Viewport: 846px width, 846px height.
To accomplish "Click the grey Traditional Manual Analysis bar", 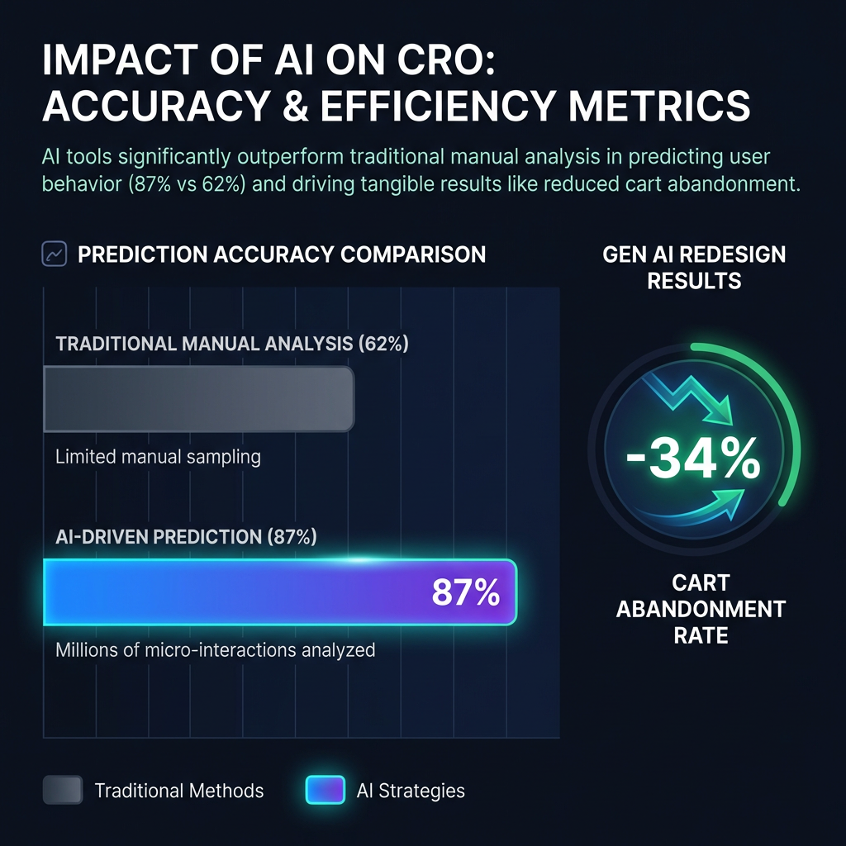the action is click(198, 399).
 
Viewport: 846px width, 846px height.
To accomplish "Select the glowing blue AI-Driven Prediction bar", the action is click(280, 592).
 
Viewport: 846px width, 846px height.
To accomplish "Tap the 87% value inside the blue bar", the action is click(466, 592).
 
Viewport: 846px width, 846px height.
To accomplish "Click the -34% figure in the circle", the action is click(693, 458).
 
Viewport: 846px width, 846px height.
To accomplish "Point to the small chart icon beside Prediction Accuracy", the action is click(55, 254).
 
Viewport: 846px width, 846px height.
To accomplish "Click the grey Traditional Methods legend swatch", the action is click(63, 790).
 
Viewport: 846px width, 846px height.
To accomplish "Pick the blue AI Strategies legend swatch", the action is click(326, 790).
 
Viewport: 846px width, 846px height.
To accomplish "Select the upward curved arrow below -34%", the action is click(696, 506).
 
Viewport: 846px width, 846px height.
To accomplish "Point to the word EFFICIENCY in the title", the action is click(438, 105).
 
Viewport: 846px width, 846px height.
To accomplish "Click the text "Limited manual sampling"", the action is click(158, 457).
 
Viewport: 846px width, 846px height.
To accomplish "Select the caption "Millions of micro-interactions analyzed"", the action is click(216, 649).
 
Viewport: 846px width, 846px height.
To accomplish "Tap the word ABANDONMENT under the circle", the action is click(701, 609).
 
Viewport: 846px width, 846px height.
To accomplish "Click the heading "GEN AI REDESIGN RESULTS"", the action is click(694, 268).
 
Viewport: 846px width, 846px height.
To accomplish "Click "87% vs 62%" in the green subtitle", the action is click(188, 184).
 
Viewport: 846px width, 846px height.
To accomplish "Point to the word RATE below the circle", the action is click(701, 635).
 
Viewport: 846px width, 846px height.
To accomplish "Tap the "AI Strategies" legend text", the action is click(411, 791).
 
